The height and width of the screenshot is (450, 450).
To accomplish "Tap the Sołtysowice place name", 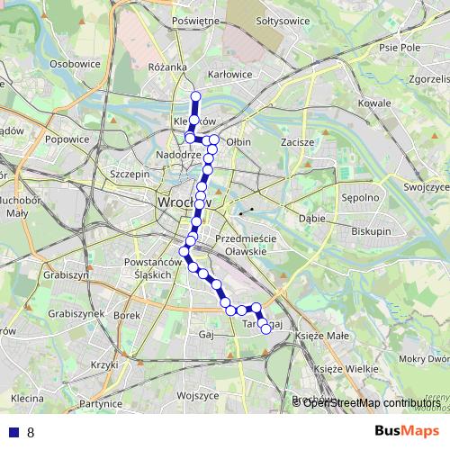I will (x=282, y=20).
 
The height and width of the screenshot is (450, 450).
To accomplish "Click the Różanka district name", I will (x=167, y=67).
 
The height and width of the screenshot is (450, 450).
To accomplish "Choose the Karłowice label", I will (x=229, y=74).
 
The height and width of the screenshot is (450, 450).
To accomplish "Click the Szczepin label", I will (x=128, y=174).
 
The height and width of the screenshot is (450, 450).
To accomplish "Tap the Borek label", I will (x=128, y=316).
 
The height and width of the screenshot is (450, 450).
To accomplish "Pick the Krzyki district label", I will (x=104, y=365).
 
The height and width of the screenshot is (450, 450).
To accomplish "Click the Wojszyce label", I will (x=198, y=395).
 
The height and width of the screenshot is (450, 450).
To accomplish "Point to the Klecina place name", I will (x=27, y=398).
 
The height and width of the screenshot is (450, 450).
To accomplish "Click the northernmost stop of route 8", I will (x=195, y=96).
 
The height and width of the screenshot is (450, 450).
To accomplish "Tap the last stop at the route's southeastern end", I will (x=265, y=329).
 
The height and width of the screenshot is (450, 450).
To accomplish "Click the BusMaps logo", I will (x=406, y=431).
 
